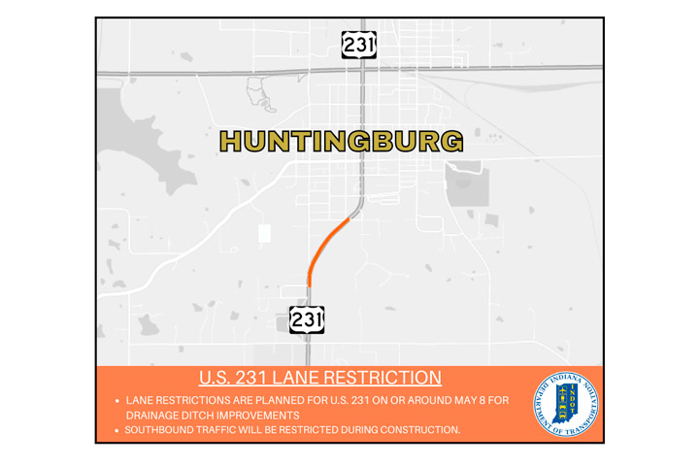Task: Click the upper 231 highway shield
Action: click(358, 45)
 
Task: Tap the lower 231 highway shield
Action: click(307, 319)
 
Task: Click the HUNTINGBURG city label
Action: click(340, 142)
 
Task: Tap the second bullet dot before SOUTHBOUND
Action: click(116, 429)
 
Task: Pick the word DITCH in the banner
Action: click(210, 415)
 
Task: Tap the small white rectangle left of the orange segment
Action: click(264, 233)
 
